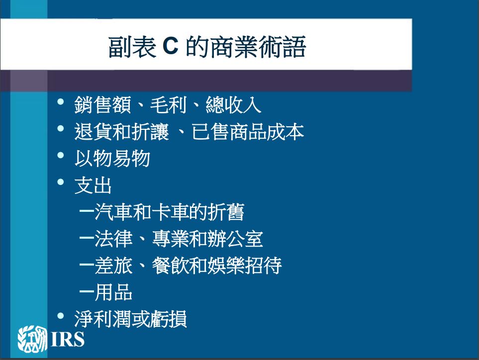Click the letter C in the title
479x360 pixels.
(170, 46)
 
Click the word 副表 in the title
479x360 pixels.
(132, 47)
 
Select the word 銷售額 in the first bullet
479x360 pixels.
(102, 105)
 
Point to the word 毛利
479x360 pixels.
(168, 105)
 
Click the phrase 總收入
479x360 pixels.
(233, 105)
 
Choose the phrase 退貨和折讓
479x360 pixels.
(121, 132)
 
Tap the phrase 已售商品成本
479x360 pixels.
(248, 132)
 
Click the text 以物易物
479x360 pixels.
(112, 158)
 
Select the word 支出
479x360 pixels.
(93, 185)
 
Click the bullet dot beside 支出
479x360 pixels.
(61, 182)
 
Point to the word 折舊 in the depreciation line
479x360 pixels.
(226, 212)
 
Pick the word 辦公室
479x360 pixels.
(235, 239)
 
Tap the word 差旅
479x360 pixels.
(113, 266)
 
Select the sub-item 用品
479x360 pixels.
(113, 292)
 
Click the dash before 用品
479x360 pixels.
(87, 292)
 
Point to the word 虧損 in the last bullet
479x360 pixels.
(168, 319)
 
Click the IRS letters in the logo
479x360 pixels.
(68, 339)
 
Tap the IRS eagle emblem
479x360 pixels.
(32, 339)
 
